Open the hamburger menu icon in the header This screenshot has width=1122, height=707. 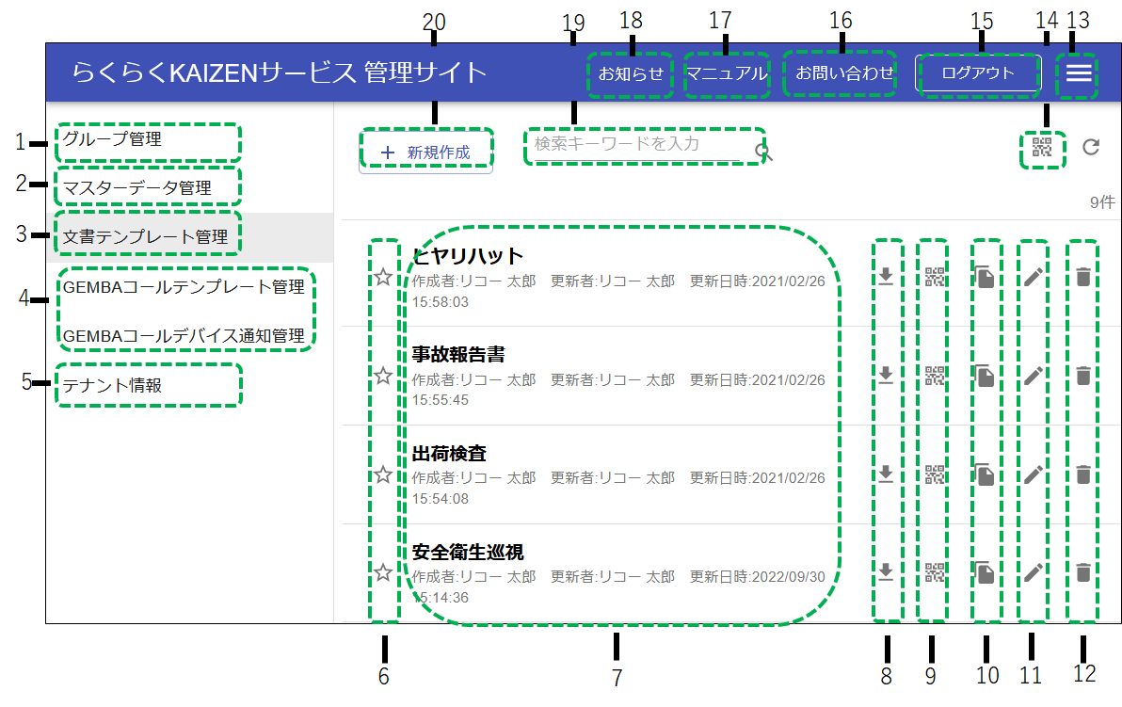point(1079,73)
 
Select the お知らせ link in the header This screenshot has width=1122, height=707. point(631,73)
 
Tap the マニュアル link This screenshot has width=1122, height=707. point(726,73)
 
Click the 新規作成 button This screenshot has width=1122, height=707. point(425,152)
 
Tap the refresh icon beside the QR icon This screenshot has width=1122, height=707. point(1091,147)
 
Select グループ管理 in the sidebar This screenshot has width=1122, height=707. point(113,139)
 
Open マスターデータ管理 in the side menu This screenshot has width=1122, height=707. point(137,188)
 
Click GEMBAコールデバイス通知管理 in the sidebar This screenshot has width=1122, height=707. point(184,335)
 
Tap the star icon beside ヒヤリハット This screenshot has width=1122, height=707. point(383,277)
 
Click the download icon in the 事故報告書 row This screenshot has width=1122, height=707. point(885,376)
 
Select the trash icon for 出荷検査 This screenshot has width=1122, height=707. point(1083,474)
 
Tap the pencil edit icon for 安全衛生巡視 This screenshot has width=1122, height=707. point(1033,572)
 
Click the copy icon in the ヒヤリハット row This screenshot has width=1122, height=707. point(984,277)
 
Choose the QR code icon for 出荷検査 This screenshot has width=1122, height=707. point(934,474)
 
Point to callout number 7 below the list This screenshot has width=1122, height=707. point(617,677)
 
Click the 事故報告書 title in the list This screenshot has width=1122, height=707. point(458,355)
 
